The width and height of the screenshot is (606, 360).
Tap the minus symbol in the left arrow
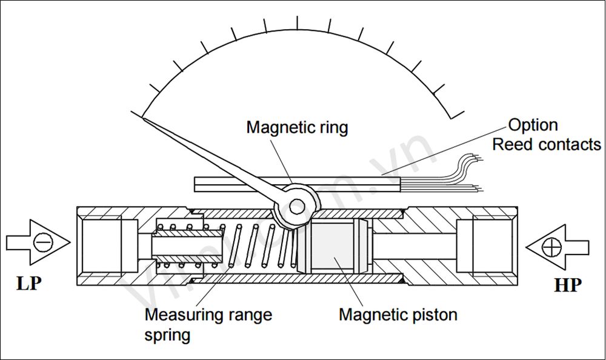point(43,243)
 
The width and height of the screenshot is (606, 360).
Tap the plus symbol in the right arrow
point(551,247)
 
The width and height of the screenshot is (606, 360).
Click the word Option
point(533,125)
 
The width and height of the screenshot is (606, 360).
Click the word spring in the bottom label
point(167,335)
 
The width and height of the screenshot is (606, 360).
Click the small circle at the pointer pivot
point(296,207)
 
